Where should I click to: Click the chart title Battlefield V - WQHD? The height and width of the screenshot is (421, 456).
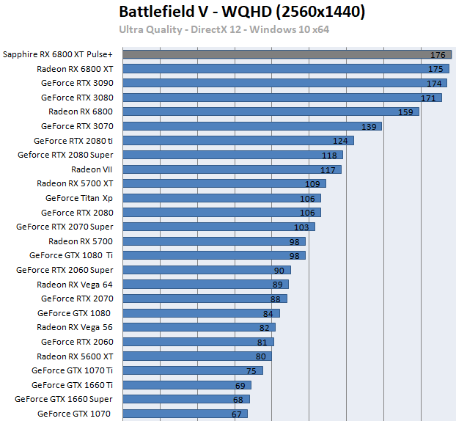241,12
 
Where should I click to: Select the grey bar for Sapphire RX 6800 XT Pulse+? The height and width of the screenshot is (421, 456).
279,54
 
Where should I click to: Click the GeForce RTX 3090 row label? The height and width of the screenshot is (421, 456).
77,83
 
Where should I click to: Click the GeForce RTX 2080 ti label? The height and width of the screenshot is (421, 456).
73,141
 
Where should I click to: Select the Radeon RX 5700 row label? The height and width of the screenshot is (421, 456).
81,241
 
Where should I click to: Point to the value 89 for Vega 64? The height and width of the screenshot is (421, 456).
278,285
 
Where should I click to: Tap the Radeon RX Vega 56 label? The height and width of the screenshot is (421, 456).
75,327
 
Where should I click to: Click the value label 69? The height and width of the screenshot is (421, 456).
240,385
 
